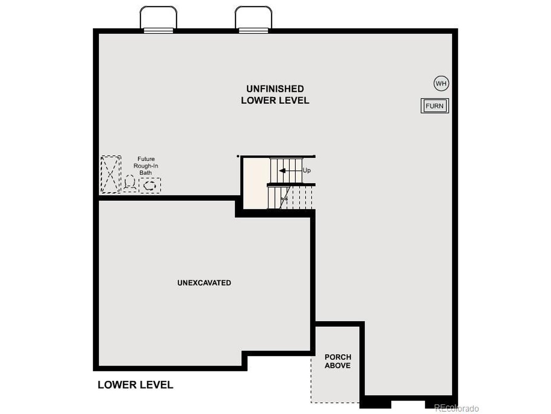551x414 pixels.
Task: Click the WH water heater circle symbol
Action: pos(441,84)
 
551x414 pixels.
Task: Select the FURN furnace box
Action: pos(434,106)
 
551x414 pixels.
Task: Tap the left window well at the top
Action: pos(158,19)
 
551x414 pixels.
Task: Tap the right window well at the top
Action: pos(254,19)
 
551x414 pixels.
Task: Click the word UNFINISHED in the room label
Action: pos(275,89)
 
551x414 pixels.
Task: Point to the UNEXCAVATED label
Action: pos(204,283)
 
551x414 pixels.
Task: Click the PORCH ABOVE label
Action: pos(337,361)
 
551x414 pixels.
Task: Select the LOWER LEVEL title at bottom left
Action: pos(135,385)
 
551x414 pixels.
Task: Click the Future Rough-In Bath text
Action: pos(146,166)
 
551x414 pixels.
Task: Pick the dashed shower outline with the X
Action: pos(110,175)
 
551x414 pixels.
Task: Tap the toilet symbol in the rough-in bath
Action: pos(129,184)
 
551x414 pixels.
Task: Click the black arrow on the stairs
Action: pos(282,171)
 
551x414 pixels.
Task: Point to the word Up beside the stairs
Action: pos(306,170)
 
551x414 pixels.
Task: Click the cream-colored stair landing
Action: pos(255,183)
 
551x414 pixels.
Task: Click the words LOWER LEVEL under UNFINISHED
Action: pos(275,100)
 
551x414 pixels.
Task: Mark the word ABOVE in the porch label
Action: pos(337,366)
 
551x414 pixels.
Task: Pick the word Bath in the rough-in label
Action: pos(145,173)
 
